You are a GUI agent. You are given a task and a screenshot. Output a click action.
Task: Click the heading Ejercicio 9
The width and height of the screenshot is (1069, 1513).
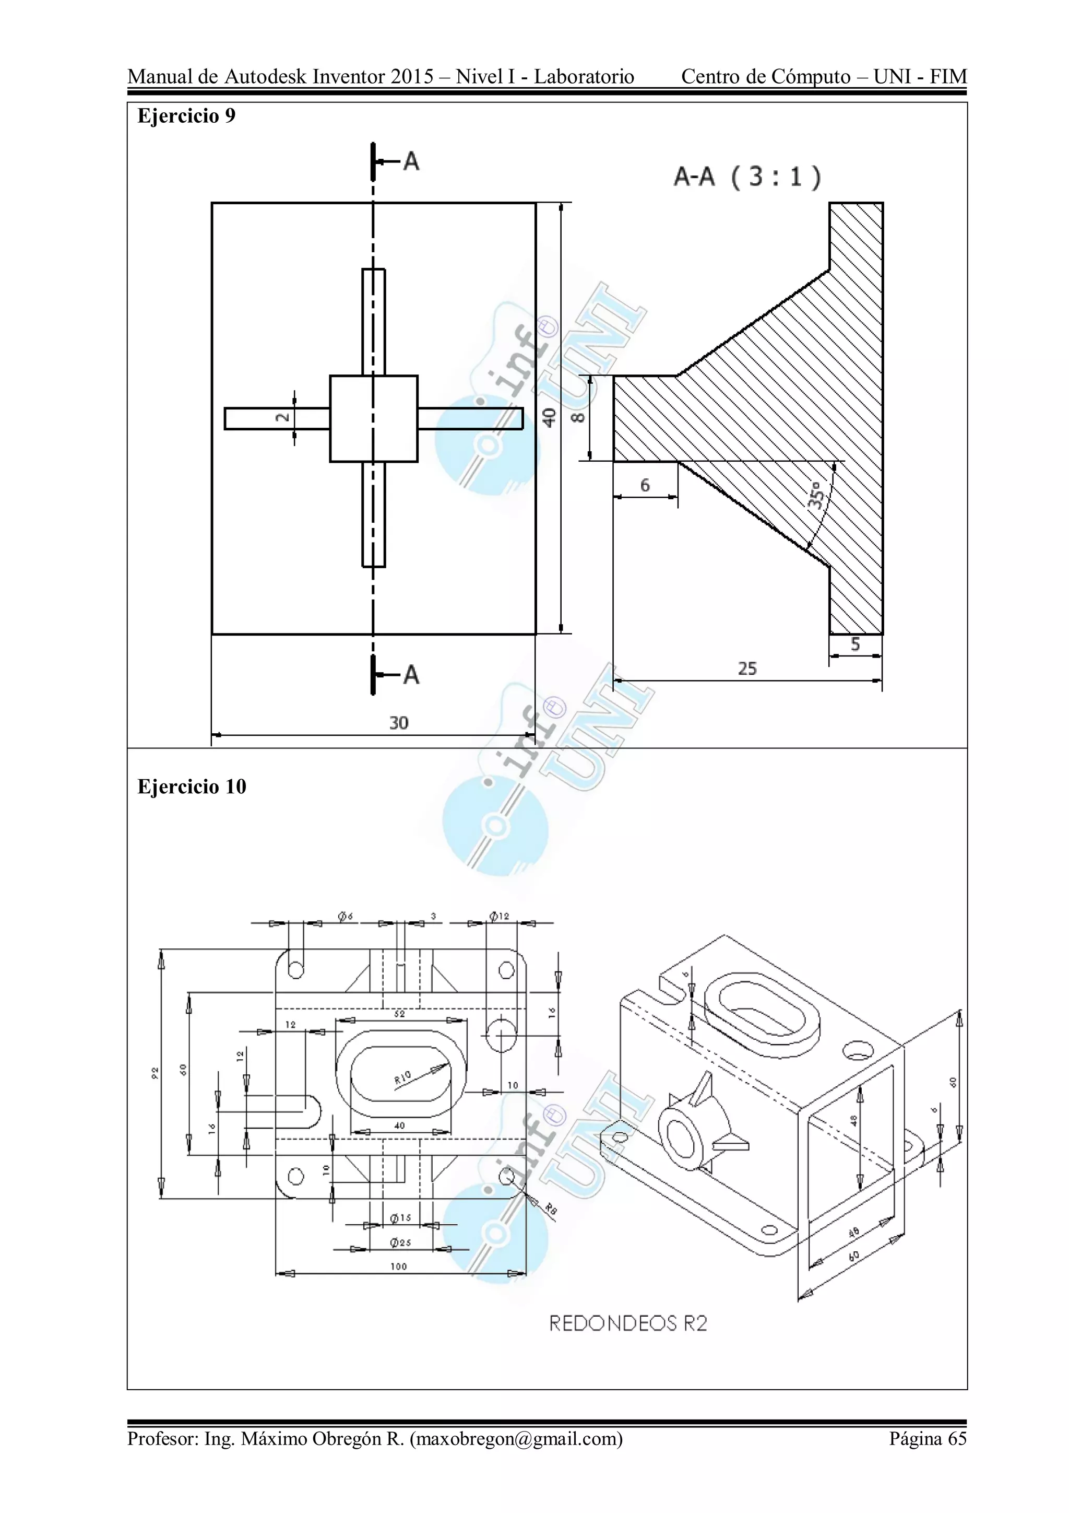tap(186, 116)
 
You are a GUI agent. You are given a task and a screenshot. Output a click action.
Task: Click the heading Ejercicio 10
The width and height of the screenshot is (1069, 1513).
tap(191, 787)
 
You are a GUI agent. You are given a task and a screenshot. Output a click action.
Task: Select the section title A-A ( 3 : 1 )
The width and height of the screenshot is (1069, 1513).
tap(747, 177)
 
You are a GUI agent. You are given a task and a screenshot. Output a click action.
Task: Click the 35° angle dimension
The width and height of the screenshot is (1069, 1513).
tap(815, 496)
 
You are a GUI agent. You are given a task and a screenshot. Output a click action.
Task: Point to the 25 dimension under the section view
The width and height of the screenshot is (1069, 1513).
tap(747, 669)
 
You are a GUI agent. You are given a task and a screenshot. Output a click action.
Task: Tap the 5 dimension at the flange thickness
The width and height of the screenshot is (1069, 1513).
tap(855, 644)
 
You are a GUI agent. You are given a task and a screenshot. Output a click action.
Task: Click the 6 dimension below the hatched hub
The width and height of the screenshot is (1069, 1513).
tap(645, 486)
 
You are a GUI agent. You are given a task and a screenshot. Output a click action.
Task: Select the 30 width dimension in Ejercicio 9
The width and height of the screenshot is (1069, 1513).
tap(398, 723)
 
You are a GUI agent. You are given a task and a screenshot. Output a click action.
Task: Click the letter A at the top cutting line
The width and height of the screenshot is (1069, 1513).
tap(411, 161)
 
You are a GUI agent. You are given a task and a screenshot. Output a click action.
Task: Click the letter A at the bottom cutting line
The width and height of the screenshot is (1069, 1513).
tap(411, 675)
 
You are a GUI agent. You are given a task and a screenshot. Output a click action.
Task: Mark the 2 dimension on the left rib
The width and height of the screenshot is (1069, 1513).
tap(282, 418)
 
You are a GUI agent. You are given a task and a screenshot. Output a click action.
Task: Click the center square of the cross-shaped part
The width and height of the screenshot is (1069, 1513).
tap(373, 418)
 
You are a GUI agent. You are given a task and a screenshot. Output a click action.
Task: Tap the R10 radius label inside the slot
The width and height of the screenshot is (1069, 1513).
tap(402, 1077)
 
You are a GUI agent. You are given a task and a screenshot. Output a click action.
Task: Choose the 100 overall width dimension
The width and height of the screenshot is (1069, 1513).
tap(398, 1266)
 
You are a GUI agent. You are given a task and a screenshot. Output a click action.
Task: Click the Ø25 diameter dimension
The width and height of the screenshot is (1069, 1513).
tap(400, 1242)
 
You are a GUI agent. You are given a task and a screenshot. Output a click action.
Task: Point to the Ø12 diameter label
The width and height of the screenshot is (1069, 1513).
tap(499, 916)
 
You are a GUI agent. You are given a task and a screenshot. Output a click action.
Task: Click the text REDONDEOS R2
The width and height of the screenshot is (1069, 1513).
tap(628, 1323)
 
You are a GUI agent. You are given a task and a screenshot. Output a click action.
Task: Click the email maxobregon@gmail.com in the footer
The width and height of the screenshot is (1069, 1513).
tap(516, 1457)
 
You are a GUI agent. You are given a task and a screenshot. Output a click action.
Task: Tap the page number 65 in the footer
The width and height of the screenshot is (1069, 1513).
tap(956, 1457)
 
